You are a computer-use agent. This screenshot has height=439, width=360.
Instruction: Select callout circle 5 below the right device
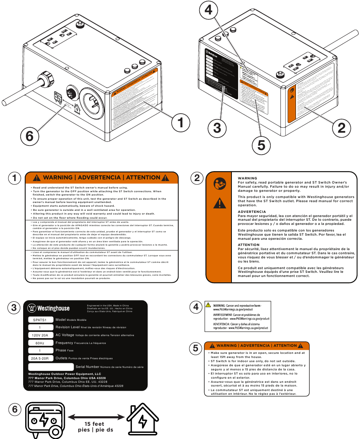point(261,145)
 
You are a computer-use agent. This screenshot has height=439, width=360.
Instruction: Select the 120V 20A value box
point(40,335)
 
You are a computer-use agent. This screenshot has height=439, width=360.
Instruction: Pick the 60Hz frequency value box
point(40,343)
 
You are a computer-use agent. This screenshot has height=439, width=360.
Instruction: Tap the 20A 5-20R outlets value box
point(40,358)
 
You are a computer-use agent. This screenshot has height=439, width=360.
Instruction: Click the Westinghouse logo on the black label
point(48,308)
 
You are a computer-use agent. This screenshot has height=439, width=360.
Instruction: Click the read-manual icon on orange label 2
point(219,184)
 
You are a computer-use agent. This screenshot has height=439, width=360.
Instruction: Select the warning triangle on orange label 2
point(219,203)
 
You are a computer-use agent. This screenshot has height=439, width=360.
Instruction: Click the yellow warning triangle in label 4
point(209,305)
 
